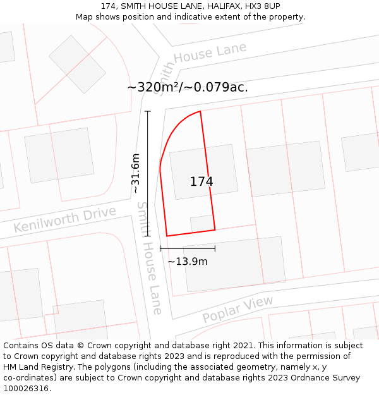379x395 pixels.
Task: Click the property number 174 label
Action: pyautogui.click(x=202, y=181)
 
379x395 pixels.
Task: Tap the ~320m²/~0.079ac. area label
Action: pyautogui.click(x=188, y=87)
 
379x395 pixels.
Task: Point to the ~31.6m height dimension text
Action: pyautogui.click(x=135, y=173)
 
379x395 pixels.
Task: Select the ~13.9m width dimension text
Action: pyautogui.click(x=188, y=261)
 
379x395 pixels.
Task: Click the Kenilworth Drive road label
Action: pyautogui.click(x=65, y=219)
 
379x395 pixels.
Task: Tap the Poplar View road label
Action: pyautogui.click(x=238, y=309)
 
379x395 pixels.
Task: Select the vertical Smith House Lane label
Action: pyautogui.click(x=150, y=258)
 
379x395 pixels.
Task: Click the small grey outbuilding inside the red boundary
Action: pyautogui.click(x=202, y=223)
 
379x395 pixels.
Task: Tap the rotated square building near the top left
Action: pyautogui.click(x=77, y=64)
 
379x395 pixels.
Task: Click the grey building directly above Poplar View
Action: pyautogui.click(x=234, y=264)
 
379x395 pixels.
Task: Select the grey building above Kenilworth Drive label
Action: pyautogui.click(x=59, y=155)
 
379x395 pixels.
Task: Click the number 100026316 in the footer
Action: pyautogui.click(x=27, y=389)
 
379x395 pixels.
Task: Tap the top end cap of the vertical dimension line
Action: pyautogui.click(x=148, y=111)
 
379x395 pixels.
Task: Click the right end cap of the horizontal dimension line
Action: pyautogui.click(x=215, y=248)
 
